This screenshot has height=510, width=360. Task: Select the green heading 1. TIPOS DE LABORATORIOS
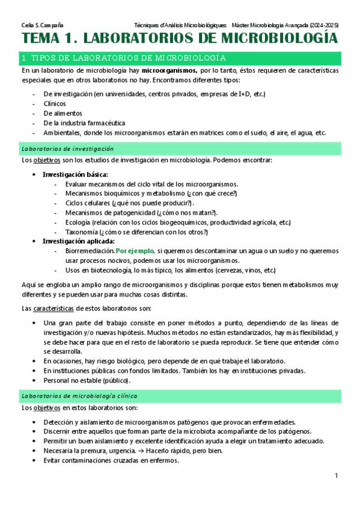123,58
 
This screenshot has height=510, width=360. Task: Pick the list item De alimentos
63,113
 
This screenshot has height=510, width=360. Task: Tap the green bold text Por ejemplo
135,250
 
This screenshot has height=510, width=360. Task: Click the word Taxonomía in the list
81,232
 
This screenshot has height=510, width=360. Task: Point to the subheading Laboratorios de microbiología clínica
79,396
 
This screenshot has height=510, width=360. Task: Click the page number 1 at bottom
337,476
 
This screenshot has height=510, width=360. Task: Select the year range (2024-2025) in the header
324,25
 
